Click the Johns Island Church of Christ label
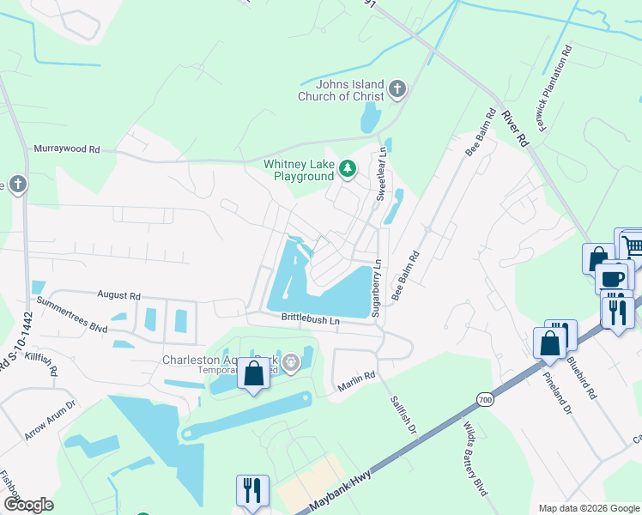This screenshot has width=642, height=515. point(341,90)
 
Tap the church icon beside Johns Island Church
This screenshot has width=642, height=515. point(397,89)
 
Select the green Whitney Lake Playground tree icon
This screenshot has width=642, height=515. point(348,169)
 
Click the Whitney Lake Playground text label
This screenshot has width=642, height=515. point(298,170)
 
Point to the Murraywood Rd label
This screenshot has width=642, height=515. point(67,148)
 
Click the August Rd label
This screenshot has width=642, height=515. point(118,294)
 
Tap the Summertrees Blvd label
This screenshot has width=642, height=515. point(71,315)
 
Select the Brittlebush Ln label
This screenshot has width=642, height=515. point(311,319)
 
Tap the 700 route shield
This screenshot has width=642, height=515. point(485,399)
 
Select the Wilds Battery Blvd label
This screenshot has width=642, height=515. point(475,470)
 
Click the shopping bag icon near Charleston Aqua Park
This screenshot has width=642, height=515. point(253,374)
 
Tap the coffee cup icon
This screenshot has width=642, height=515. point(613,278)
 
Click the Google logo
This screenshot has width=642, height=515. point(28,505)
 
